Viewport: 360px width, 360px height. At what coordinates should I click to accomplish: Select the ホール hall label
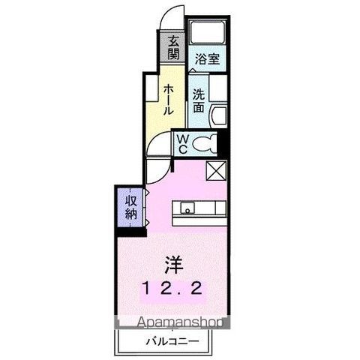tap(169, 98)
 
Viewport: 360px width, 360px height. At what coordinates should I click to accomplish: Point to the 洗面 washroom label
tap(198, 100)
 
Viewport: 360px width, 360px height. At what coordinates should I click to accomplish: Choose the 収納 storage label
tap(131, 203)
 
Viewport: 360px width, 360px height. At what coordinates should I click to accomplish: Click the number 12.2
tap(173, 288)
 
